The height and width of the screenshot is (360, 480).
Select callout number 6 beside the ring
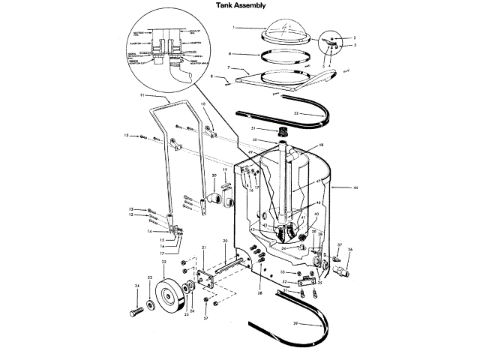[x=230, y=53]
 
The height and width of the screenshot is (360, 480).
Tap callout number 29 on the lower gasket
[x=295, y=324]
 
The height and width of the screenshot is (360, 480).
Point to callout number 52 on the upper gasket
[x=296, y=113]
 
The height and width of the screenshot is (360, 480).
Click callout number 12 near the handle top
[x=127, y=135]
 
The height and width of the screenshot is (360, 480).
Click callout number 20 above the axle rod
[x=224, y=240]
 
